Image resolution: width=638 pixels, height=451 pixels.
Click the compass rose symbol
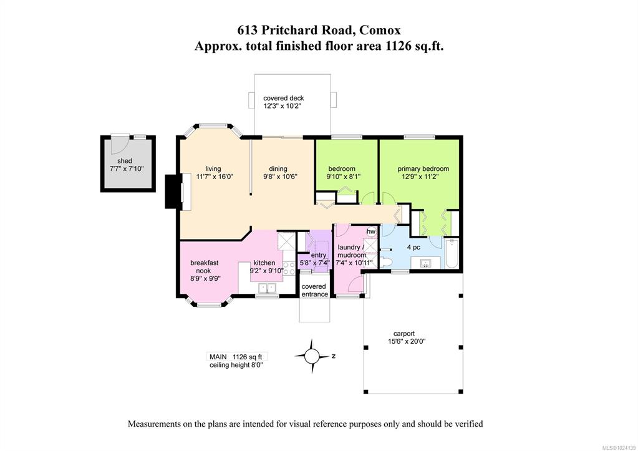(312, 356)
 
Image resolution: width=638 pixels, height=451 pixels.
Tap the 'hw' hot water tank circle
(371, 231)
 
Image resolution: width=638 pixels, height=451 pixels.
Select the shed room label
(125, 161)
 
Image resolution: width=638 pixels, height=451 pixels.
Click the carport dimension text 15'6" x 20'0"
(407, 341)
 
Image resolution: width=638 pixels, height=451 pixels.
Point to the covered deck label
(284, 98)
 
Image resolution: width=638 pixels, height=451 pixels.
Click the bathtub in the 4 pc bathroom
(452, 254)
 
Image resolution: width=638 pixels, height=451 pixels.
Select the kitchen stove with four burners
(289, 268)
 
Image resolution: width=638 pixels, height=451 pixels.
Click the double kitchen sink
(268, 288)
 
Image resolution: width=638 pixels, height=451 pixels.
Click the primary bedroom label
(423, 168)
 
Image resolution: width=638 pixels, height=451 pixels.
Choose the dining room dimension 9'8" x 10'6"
(281, 177)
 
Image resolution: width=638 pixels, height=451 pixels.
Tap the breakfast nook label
(205, 266)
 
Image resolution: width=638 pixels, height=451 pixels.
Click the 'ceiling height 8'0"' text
(236, 365)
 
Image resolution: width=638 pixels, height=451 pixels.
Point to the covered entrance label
(314, 290)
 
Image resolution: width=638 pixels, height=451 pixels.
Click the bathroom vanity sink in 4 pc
(426, 263)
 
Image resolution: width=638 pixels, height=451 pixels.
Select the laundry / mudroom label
(351, 251)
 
